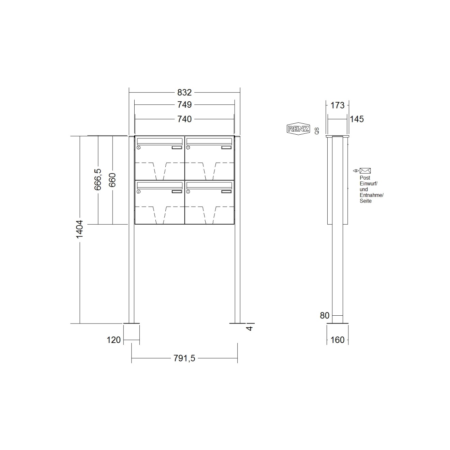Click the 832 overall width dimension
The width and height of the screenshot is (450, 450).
click(184, 92)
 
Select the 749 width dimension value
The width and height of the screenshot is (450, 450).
click(184, 105)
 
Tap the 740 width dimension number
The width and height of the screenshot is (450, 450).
click(184, 119)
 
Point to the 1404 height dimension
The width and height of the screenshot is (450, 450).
click(79, 229)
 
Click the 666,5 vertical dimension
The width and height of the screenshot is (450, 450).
click(98, 179)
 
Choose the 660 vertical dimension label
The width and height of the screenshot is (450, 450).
click(112, 180)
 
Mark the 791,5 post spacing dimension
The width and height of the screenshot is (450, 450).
click(184, 358)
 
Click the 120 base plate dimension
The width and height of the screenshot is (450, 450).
click(114, 340)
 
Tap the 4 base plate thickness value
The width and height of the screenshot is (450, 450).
click(250, 328)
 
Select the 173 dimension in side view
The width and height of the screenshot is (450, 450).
click(337, 105)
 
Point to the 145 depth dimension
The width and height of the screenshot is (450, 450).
click(357, 119)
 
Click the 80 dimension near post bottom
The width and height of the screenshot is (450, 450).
click(325, 316)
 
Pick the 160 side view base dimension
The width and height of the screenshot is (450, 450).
click(337, 340)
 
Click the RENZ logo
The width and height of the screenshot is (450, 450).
click(298, 129)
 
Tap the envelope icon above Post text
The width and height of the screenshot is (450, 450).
click(365, 171)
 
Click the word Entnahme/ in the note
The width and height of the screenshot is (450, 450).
click(372, 195)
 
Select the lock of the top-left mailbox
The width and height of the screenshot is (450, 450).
click(139, 148)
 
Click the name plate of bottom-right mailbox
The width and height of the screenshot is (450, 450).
click(226, 192)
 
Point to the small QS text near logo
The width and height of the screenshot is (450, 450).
click(317, 131)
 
